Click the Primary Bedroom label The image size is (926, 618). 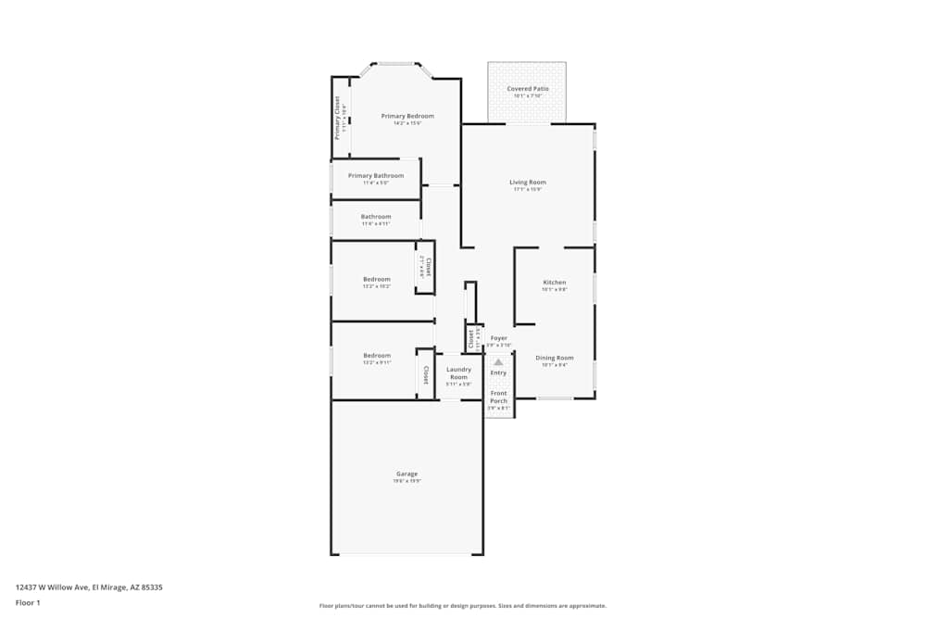[407, 116]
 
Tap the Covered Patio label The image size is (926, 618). [527, 89]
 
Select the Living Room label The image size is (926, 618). [527, 183]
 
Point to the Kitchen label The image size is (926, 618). [554, 283]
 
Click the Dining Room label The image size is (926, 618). [554, 358]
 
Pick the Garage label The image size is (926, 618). [407, 473]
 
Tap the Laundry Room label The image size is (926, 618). [458, 373]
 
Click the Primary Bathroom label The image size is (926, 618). [376, 175]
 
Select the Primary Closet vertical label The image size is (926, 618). [337, 118]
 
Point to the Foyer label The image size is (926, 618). [498, 338]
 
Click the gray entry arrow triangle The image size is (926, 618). [498, 362]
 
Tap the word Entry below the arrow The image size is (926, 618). [498, 372]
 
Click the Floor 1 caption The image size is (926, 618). [28, 602]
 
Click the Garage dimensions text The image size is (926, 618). [407, 481]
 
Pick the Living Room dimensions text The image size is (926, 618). [527, 190]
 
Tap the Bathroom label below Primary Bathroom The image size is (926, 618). [376, 217]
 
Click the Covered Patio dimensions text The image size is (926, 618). [527, 95]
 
